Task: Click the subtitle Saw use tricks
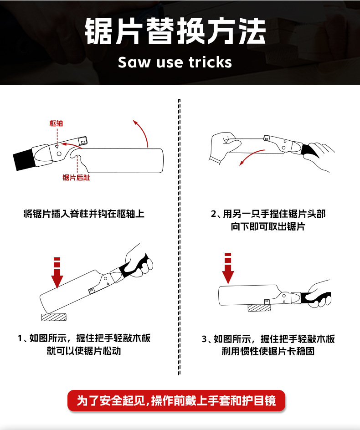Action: [x=175, y=62]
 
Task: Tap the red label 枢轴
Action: [x=57, y=123]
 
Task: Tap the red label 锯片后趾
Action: [x=76, y=178]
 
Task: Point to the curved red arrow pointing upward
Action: [x=142, y=132]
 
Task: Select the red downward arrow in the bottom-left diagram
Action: [x=57, y=273]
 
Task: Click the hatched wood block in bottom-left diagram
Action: [x=54, y=317]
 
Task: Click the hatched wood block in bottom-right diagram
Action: [x=259, y=308]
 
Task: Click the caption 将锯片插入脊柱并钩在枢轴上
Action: [x=84, y=214]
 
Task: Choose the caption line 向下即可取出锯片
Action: [x=267, y=226]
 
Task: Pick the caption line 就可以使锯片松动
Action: [x=84, y=351]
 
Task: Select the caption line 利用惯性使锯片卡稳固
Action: [x=268, y=351]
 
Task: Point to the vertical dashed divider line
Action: [x=179, y=237]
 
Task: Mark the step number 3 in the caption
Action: [x=204, y=339]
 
